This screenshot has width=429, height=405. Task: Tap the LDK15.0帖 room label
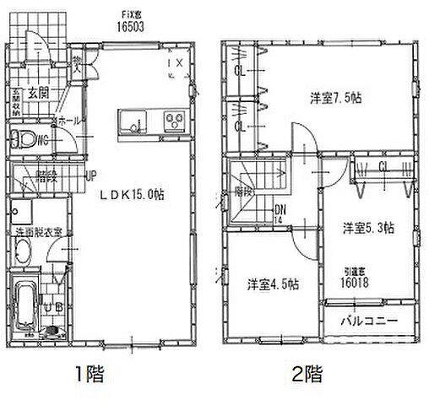(133, 193)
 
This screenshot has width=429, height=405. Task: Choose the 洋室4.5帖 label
(273, 283)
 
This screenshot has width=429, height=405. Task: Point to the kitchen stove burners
(175, 119)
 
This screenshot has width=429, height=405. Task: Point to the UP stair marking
(90, 175)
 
